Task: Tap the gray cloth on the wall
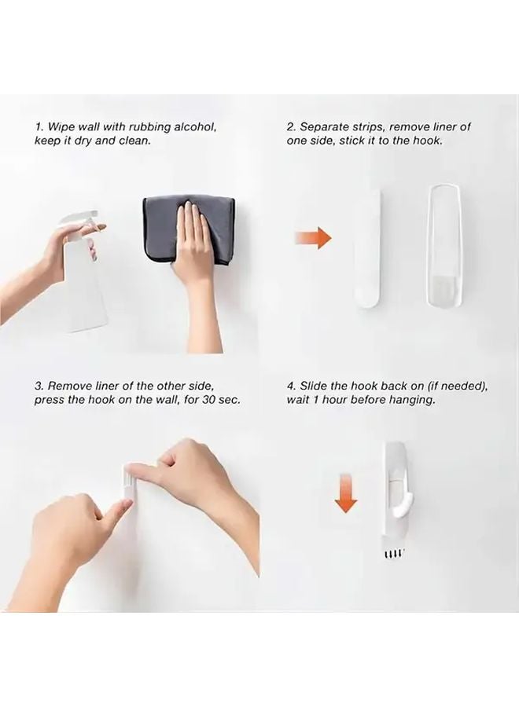tap(162, 227)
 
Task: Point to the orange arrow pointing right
tap(313, 238)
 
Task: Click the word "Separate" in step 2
tap(323, 126)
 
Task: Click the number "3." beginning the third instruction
tap(39, 386)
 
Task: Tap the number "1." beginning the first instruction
tap(39, 126)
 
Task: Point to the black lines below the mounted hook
tap(394, 555)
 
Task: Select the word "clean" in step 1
tap(131, 141)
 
